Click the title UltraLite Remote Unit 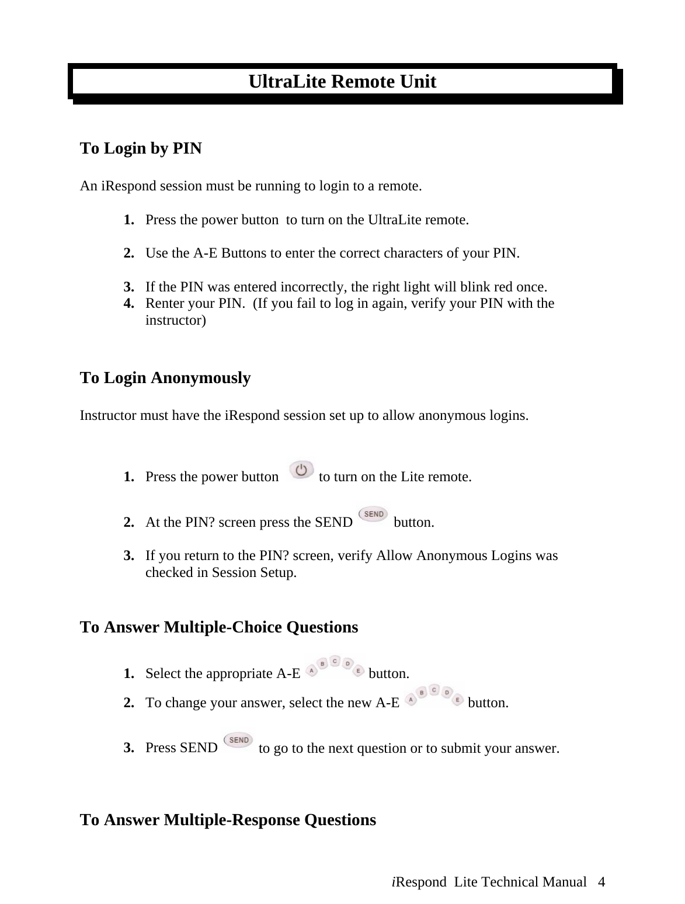click(342, 81)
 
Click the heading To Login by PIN click(141, 148)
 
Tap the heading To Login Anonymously click(165, 378)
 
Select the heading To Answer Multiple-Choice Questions click(218, 627)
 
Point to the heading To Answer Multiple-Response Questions click(228, 820)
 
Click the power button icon click(301, 470)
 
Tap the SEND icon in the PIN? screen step click(373, 514)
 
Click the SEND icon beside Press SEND click(239, 740)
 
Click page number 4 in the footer click(601, 882)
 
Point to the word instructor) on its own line click(175, 321)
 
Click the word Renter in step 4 click(163, 304)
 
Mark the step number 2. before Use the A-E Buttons click(129, 253)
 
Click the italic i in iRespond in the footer click(394, 882)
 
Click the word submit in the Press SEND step click(470, 748)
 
